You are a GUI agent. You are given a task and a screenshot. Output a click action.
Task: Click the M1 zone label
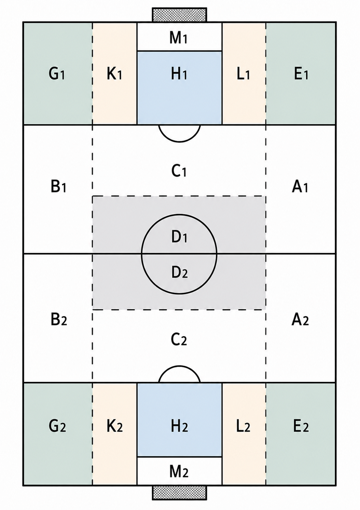[179, 38]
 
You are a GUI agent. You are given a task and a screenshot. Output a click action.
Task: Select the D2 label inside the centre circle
[180, 272]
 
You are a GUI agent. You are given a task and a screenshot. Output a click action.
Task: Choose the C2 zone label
[179, 339]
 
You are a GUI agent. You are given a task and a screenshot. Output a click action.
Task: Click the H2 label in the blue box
[180, 427]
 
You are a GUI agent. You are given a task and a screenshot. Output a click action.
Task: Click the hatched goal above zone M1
[180, 15]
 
